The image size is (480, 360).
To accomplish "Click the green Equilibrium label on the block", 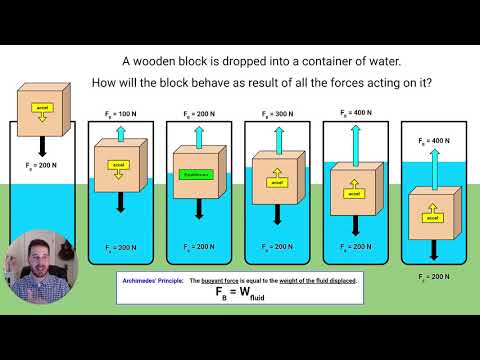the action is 196,173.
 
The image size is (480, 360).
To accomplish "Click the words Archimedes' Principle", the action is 151,281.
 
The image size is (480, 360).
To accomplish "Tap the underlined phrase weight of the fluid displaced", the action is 311,281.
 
